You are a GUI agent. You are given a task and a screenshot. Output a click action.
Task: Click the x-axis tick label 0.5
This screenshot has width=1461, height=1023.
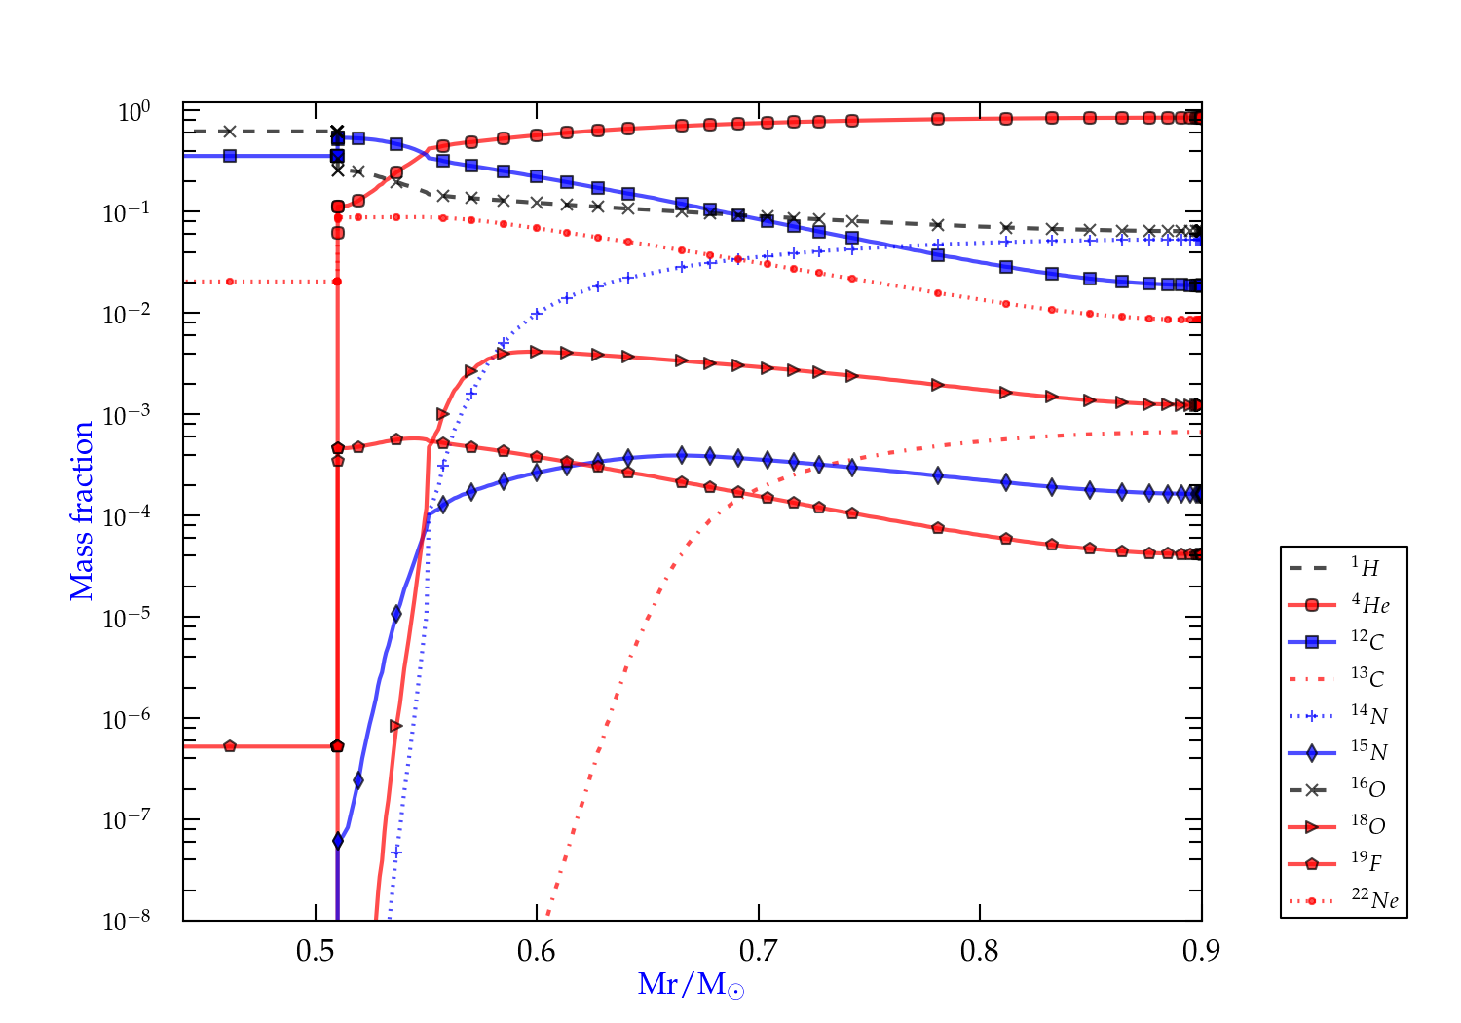click(315, 951)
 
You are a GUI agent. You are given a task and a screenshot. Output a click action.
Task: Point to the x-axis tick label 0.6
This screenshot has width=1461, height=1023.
click(537, 951)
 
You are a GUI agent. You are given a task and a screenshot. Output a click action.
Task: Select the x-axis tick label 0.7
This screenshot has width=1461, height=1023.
click(758, 951)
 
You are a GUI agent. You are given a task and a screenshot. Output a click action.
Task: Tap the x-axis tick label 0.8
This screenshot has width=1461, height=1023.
click(980, 951)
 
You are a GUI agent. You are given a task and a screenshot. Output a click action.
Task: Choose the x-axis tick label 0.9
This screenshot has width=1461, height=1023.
click(1201, 951)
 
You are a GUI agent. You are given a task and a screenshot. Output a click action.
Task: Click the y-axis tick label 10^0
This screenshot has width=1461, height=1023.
click(133, 113)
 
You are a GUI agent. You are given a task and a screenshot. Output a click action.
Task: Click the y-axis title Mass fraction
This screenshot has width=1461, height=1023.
click(82, 511)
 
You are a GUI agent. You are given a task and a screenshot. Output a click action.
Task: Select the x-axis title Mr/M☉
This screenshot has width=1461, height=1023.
click(691, 984)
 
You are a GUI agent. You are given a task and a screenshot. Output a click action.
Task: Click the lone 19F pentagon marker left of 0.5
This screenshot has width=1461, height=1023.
click(230, 746)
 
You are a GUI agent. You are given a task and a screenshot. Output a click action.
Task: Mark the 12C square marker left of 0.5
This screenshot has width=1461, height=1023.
click(230, 156)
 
